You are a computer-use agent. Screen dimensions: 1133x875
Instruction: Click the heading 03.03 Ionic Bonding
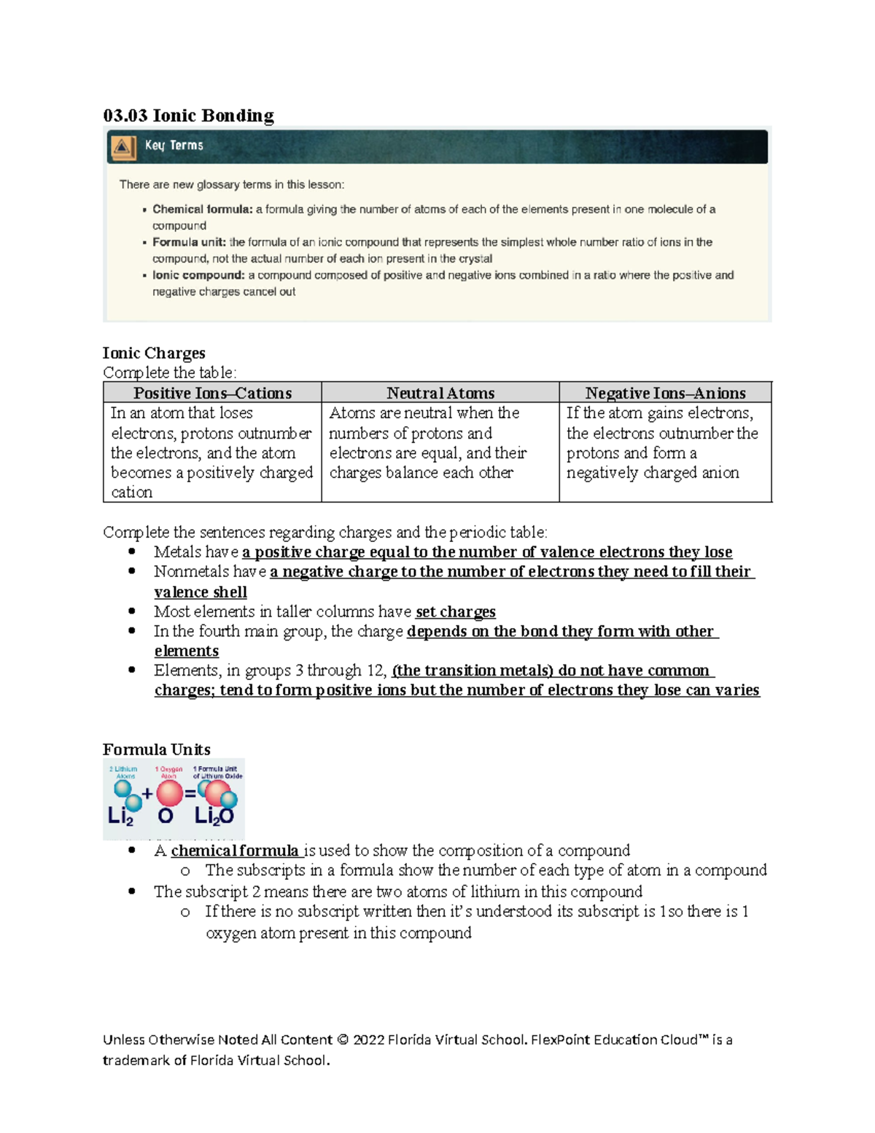[188, 115]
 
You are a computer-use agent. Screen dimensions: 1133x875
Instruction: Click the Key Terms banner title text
[174, 145]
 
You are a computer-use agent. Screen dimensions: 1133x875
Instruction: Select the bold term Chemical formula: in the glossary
[202, 209]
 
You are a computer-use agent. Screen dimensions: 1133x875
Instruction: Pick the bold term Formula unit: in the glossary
[189, 242]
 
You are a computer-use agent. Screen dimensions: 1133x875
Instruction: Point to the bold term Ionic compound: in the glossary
[198, 275]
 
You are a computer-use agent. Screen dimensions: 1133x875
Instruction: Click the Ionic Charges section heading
[154, 353]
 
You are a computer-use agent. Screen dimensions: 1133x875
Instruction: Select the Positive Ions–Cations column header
[212, 393]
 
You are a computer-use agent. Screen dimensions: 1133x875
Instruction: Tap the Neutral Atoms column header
[440, 393]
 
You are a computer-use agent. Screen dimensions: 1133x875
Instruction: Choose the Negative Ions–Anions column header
[665, 393]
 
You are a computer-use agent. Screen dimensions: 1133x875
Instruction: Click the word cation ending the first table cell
[131, 492]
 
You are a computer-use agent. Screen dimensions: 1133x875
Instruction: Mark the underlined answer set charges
[455, 611]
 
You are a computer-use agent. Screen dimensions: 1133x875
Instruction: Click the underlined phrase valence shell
[201, 592]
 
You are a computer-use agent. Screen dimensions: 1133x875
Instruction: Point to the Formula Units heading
[157, 749]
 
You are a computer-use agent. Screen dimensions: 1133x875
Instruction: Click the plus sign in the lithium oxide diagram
[147, 794]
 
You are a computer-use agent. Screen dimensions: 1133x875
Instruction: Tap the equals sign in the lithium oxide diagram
[190, 794]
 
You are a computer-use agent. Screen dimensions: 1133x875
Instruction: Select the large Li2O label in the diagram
[214, 816]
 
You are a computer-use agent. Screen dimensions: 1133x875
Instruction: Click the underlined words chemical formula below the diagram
[234, 851]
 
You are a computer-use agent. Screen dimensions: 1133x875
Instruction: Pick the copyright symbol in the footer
[342, 1040]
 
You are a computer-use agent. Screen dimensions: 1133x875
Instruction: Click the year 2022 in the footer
[368, 1040]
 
